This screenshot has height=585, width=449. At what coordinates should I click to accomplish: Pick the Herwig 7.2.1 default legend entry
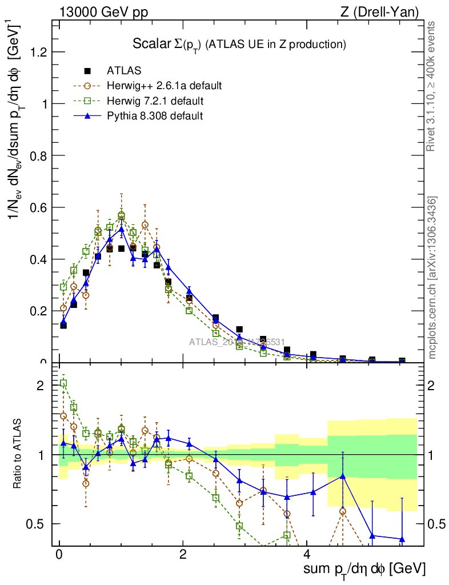tap(155, 101)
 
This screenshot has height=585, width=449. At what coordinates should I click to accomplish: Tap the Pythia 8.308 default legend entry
tap(155, 116)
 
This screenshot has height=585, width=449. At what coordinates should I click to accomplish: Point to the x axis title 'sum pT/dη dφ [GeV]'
tap(364, 569)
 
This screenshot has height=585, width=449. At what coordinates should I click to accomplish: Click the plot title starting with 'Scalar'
tap(239, 43)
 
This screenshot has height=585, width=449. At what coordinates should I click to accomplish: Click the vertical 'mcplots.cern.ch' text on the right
tap(432, 277)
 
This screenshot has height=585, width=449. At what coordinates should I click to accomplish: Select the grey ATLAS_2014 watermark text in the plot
tap(237, 342)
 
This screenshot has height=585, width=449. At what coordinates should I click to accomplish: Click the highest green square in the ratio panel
tap(63, 383)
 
